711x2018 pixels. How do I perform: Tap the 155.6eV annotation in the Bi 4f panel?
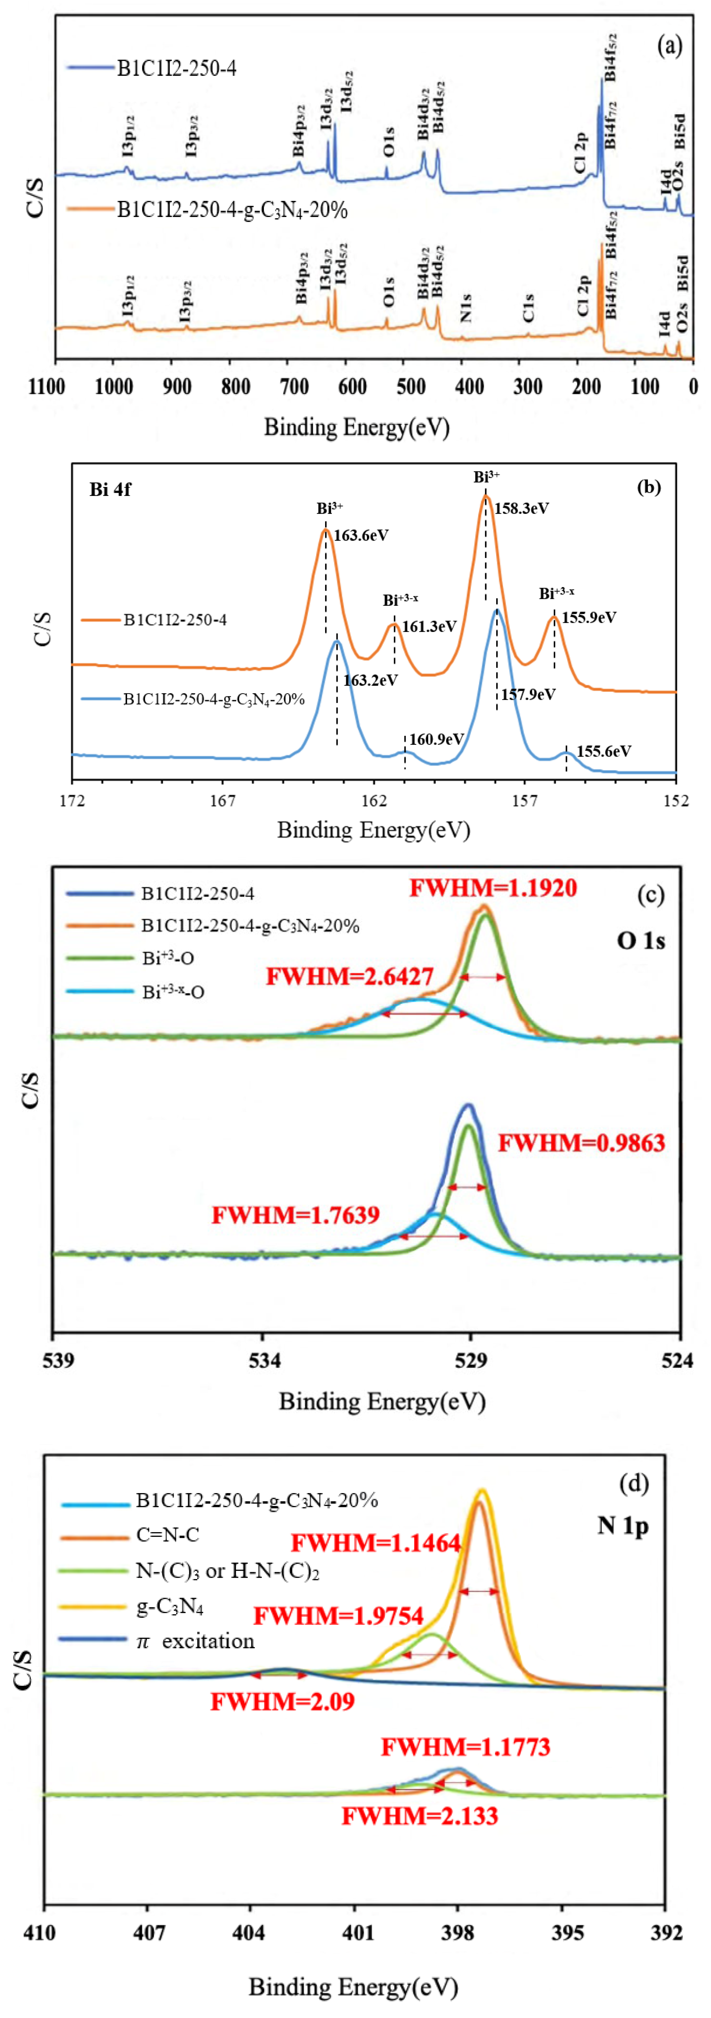(604, 751)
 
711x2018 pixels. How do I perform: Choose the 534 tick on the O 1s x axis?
(264, 1361)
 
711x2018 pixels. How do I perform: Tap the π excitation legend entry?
(196, 1641)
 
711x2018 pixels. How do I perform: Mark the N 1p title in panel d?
(623, 1525)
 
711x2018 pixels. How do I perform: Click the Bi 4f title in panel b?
(110, 489)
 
